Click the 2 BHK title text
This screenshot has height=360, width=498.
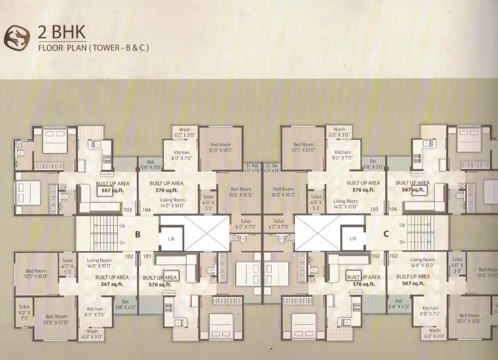tap(61, 32)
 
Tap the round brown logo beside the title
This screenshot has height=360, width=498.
tap(17, 37)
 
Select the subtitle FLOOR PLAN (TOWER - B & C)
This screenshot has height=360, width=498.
tap(93, 48)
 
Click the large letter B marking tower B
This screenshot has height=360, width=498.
tap(137, 234)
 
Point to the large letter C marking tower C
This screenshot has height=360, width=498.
tap(386, 234)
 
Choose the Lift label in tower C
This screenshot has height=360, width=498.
tap(353, 239)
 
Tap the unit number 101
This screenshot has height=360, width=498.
tap(147, 256)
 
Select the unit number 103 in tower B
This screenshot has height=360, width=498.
tap(128, 210)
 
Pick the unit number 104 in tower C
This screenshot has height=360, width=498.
tap(393, 209)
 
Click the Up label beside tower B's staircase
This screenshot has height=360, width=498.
tap(122, 225)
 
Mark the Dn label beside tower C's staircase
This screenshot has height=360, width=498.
tap(402, 242)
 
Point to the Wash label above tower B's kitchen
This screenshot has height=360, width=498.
tap(184, 130)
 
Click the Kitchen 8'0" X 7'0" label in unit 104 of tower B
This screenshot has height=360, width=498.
tap(181, 155)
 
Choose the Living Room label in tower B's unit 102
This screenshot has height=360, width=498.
tap(99, 260)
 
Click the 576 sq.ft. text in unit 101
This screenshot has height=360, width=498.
tap(160, 284)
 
